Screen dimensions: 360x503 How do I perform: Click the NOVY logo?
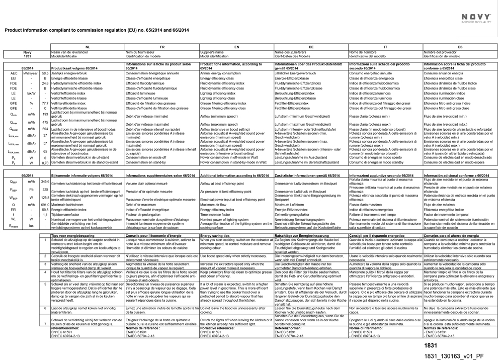tap(476, 17)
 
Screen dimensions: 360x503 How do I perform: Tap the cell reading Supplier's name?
tap(212, 52)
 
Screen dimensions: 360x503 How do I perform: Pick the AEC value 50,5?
tap(45, 73)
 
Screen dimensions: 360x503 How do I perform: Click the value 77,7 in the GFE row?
tap(45, 103)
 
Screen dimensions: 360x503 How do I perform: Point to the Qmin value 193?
tap(45, 114)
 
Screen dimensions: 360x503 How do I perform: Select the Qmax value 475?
tap(45, 122)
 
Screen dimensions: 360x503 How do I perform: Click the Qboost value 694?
tap(45, 129)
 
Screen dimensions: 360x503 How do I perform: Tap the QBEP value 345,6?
tap(45, 181)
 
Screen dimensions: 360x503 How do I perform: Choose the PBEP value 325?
tap(45, 190)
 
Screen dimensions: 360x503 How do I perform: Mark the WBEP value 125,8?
tap(45, 198)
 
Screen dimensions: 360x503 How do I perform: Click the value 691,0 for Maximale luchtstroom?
tap(45, 205)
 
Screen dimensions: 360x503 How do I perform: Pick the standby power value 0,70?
tap(45, 162)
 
